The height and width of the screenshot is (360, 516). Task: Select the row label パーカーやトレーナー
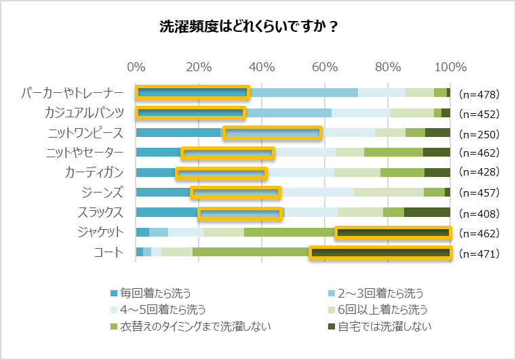(73, 93)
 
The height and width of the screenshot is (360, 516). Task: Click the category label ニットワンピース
(85, 132)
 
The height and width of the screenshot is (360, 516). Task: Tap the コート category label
(108, 252)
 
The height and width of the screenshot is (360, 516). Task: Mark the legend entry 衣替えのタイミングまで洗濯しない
(190, 326)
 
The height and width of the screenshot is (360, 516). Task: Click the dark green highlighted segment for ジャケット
(393, 233)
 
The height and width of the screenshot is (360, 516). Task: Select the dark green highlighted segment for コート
(380, 253)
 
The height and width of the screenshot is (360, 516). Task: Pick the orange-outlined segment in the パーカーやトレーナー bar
(193, 93)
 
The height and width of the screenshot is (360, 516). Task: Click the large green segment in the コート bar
(251, 253)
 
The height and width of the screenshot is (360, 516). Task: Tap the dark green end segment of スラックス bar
(427, 212)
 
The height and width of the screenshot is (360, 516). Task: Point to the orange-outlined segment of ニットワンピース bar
(272, 133)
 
